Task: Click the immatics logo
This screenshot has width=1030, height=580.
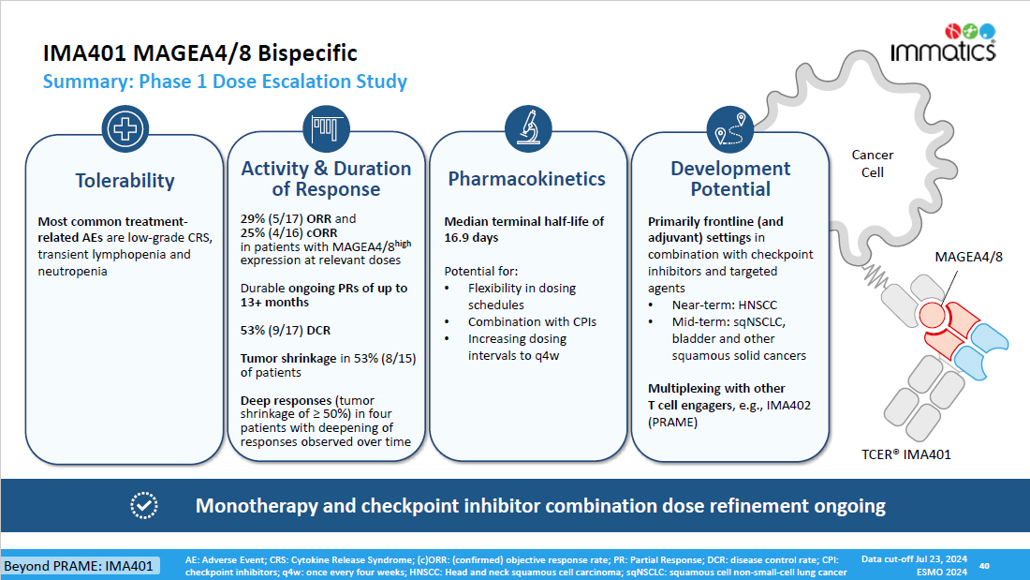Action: pyautogui.click(x=943, y=43)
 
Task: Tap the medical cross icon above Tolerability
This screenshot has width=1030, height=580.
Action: pyautogui.click(x=125, y=128)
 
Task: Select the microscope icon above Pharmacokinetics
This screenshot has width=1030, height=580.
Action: pyautogui.click(x=528, y=128)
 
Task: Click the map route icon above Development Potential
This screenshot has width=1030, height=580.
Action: pyautogui.click(x=730, y=129)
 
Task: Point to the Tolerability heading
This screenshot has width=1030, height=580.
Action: pyautogui.click(x=125, y=181)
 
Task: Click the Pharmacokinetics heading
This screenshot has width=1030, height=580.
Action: pyautogui.click(x=527, y=179)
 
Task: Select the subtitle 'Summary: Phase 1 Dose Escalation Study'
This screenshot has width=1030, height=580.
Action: pyautogui.click(x=225, y=82)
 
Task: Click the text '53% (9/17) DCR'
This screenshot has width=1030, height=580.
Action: pyautogui.click(x=285, y=330)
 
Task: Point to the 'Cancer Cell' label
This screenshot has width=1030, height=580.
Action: pyautogui.click(x=873, y=164)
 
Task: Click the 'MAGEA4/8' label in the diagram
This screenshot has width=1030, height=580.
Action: pyautogui.click(x=969, y=257)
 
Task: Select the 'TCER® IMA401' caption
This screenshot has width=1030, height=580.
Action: pyautogui.click(x=905, y=454)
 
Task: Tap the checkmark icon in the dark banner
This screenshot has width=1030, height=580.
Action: pyautogui.click(x=144, y=506)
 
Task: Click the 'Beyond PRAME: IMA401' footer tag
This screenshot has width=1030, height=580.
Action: pyautogui.click(x=79, y=566)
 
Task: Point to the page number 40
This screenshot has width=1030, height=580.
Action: pyautogui.click(x=984, y=566)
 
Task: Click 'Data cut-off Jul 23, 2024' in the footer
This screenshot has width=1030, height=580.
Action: pyautogui.click(x=914, y=559)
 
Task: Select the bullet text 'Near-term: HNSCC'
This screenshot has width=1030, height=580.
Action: pyautogui.click(x=725, y=305)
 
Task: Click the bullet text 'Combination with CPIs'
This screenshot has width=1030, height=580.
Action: pyautogui.click(x=532, y=322)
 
